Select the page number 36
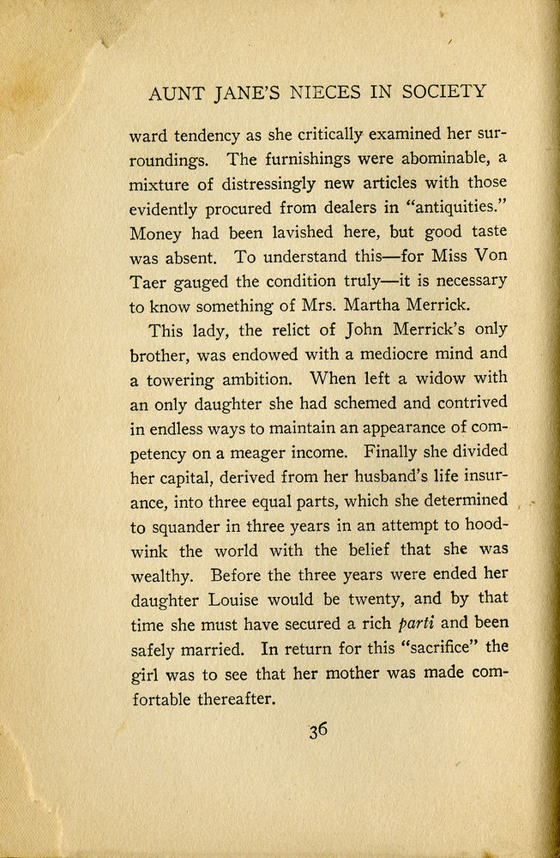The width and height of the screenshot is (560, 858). click(318, 730)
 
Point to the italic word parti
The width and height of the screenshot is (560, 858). click(418, 622)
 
